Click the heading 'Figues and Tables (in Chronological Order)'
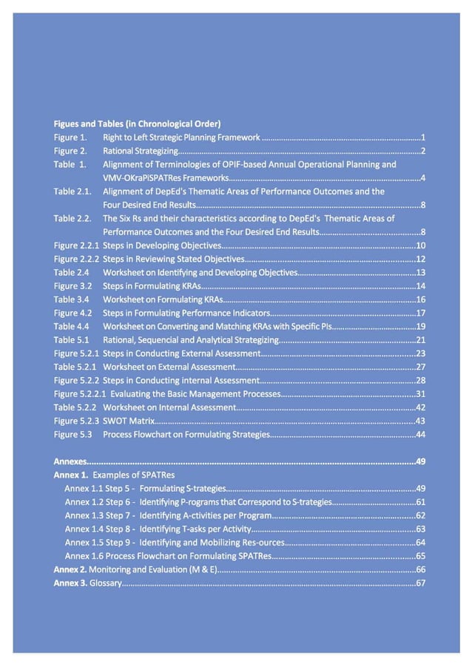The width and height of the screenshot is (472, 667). click(137, 123)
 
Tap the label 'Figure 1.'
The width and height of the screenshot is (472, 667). click(70, 137)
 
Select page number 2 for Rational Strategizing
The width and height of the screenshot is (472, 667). click(422, 151)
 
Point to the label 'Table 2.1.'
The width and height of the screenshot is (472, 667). click(73, 191)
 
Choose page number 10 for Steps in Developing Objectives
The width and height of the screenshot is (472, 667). click(420, 246)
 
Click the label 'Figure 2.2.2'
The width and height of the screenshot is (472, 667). click(76, 259)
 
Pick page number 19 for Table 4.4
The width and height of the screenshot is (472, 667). click(420, 326)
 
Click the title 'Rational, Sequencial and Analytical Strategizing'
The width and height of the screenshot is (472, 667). click(190, 340)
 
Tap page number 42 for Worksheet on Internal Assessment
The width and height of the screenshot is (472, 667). click(420, 407)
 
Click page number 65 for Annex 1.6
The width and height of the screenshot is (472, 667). click(420, 556)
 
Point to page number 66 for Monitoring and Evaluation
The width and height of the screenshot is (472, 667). click(420, 569)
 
